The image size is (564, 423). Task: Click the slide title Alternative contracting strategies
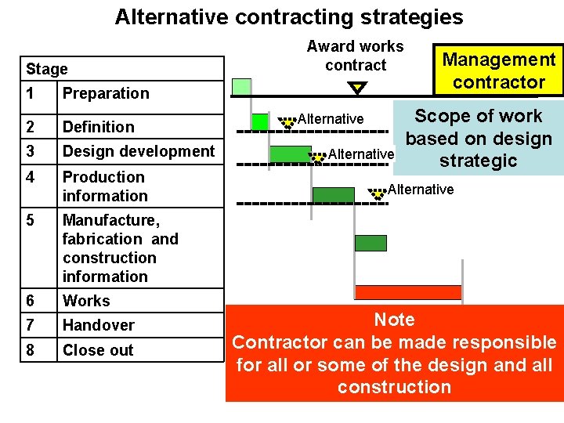pos(288,17)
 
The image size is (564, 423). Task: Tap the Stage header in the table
pos(47,69)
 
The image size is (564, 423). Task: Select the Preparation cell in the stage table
pos(106,93)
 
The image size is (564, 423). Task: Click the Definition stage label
pos(99,126)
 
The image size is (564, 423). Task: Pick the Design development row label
pos(139,150)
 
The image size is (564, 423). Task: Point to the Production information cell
pos(104,186)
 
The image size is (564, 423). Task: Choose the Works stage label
pos(86,300)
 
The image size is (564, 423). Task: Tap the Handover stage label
pos(99,324)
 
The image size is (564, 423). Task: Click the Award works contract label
pos(356,56)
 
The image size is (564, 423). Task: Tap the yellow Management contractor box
pos(499,70)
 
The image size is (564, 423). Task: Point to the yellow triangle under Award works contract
pos(357,88)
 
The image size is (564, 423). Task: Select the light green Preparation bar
pos(242,86)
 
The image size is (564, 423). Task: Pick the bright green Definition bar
pos(260,121)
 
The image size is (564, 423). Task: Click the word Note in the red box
pos(395,320)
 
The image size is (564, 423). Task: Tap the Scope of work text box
pos(478,139)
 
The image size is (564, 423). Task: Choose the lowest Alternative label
pos(421,190)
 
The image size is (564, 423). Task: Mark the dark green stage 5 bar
pos(371,243)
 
